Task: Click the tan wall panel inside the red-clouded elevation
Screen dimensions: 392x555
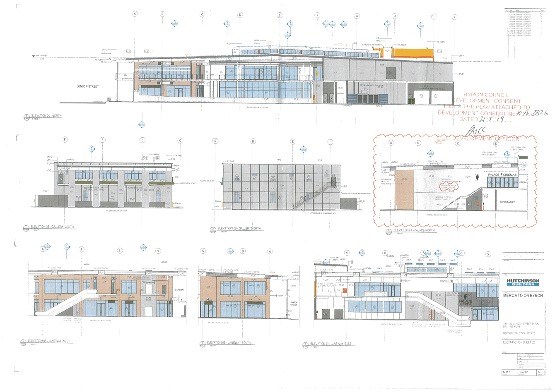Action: coord(404,190)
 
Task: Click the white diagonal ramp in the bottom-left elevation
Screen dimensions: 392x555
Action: coord(70,304)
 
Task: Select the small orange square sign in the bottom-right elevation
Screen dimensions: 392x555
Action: coord(344,290)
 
